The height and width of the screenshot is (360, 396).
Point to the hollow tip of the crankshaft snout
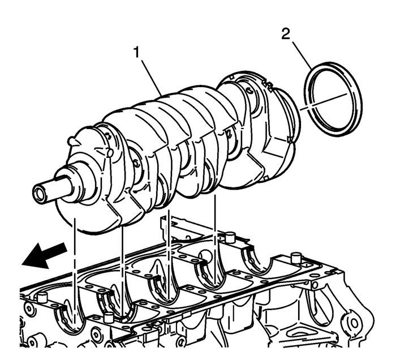click(x=40, y=193)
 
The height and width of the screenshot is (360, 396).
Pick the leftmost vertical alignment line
click(x=74, y=266)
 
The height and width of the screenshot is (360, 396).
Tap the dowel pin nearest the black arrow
click(x=42, y=297)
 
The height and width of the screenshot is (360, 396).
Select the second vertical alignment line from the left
click(x=122, y=260)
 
